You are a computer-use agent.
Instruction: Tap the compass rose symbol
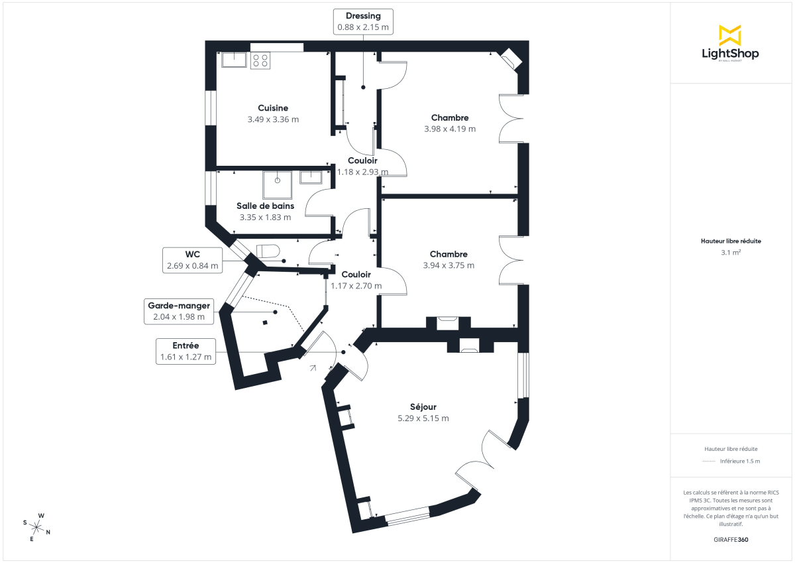(37, 527)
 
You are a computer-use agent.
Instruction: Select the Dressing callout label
(362, 21)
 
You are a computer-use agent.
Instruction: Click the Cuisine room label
(273, 108)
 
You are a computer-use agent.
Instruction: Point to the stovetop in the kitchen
(260, 60)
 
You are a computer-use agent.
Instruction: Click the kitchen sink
(234, 60)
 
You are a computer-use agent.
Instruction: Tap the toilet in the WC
(268, 253)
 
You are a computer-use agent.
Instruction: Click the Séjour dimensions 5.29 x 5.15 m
(423, 418)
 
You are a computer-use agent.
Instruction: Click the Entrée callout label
(185, 351)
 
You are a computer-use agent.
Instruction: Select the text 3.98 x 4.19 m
(450, 129)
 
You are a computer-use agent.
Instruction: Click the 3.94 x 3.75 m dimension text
(449, 265)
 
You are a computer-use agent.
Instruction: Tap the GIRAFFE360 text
(731, 540)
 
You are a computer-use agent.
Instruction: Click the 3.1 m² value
(731, 253)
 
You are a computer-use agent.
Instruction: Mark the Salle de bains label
(265, 206)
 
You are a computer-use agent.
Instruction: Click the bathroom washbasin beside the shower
(311, 177)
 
